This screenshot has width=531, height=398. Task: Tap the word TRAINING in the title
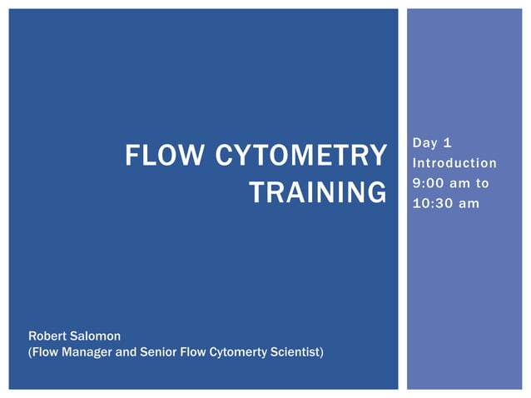318,192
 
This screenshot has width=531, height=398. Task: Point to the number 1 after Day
449,144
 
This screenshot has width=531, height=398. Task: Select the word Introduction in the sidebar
454,163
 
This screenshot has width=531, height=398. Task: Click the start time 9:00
429,182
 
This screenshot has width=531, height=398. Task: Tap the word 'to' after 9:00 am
482,182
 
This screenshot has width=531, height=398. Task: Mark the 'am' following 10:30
469,201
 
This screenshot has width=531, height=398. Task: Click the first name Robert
47,336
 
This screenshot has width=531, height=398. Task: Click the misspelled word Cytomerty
235,352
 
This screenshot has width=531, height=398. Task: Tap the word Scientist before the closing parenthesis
294,352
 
